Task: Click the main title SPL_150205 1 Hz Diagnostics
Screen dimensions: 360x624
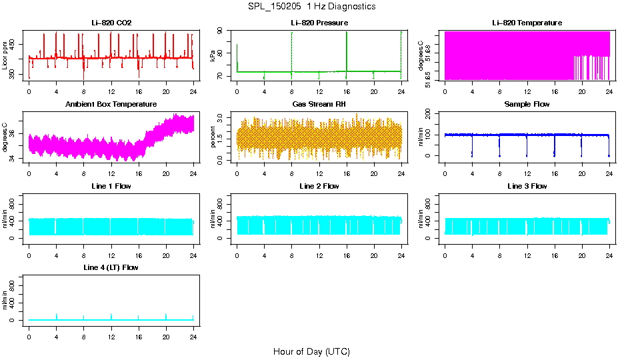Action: (311, 7)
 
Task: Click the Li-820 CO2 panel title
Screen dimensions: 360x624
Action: (111, 23)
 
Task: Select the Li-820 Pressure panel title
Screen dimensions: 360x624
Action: (319, 23)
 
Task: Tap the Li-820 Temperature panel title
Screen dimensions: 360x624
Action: (527, 23)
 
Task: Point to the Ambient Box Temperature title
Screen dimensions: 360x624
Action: (111, 105)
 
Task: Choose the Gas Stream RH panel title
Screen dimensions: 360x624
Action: (319, 105)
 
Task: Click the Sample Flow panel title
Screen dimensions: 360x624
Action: (527, 105)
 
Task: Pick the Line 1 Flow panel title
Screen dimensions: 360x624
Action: (111, 186)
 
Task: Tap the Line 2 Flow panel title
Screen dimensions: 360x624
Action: (319, 186)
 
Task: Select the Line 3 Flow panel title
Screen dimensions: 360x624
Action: (527, 186)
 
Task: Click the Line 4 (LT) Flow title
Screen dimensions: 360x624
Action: (111, 267)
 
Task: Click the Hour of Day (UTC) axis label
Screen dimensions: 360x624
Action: (311, 351)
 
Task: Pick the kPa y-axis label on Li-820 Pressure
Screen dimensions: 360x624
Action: (213, 55)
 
